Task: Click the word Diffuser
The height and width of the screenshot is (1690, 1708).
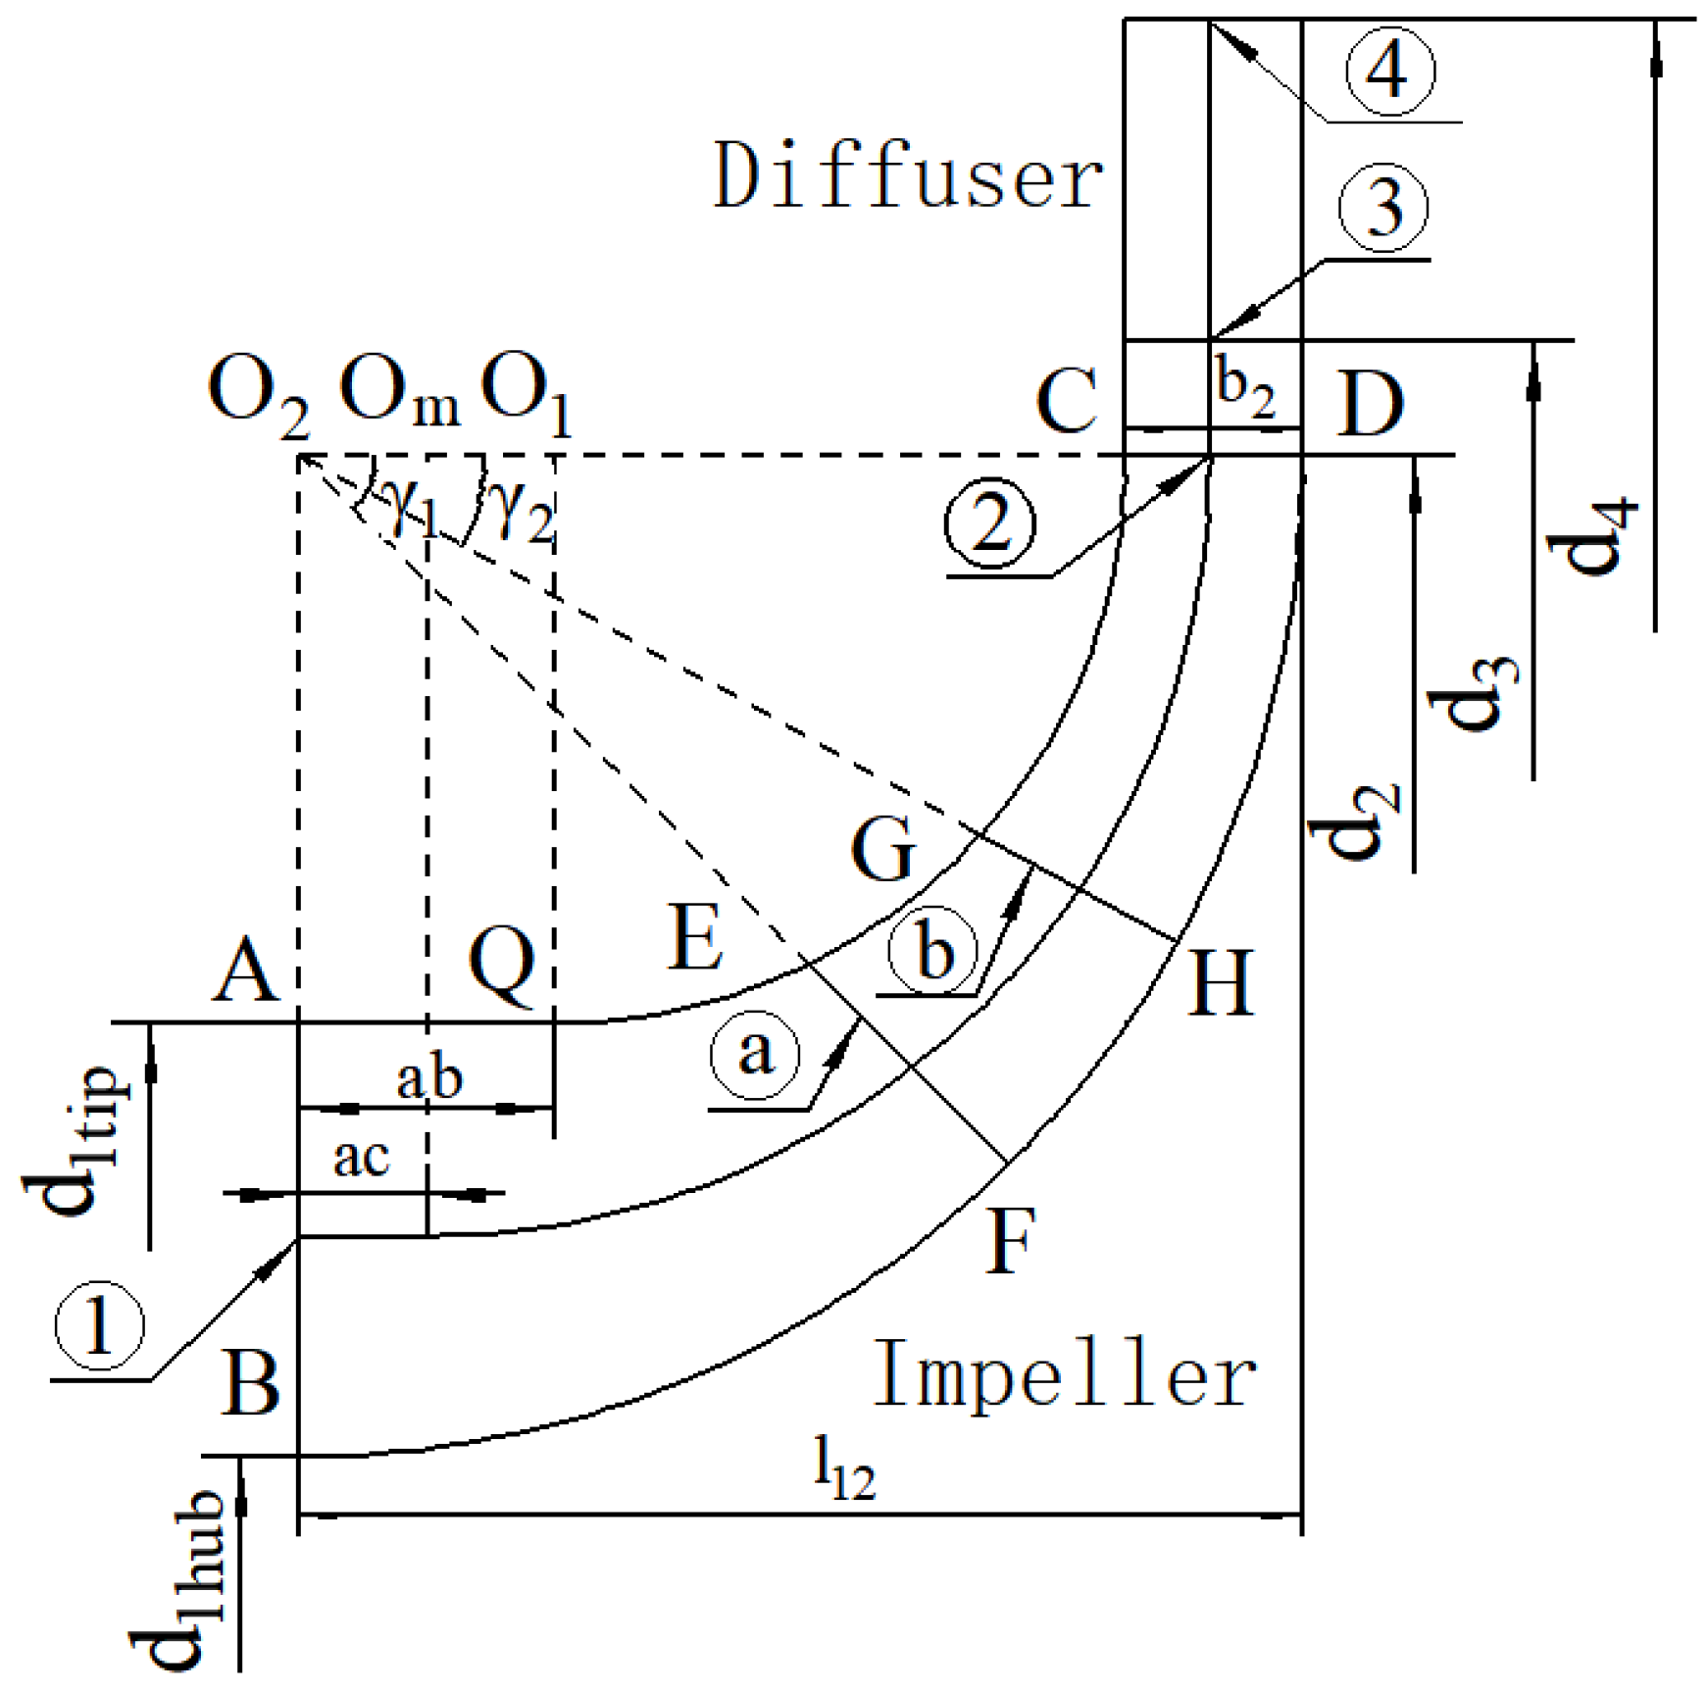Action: point(908,175)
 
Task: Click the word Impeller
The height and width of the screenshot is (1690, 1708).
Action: point(1064,1373)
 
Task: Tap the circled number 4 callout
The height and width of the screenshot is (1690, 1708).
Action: point(1389,72)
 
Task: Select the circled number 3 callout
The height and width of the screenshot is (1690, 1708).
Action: point(1383,208)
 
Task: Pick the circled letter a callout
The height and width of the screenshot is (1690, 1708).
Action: point(755,1053)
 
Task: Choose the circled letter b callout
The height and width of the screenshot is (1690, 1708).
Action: point(932,950)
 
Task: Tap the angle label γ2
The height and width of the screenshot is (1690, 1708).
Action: point(524,514)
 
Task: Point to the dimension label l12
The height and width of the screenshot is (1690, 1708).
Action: point(844,1472)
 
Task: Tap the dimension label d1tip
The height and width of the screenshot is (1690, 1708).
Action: point(75,1141)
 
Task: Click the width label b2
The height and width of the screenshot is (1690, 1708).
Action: point(1245,388)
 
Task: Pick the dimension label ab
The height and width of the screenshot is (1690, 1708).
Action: point(429,1079)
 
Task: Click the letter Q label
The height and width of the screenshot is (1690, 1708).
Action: point(502,967)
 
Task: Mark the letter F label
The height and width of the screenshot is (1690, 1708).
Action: point(1009,1240)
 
